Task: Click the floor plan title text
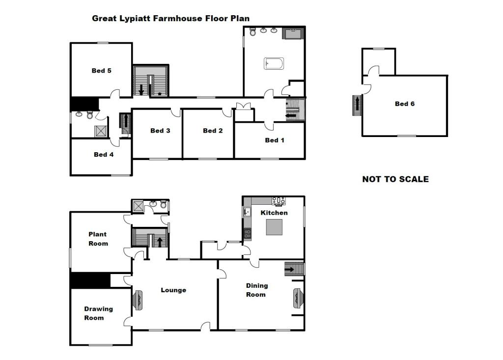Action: pyautogui.click(x=171, y=19)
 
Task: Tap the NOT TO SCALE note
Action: pyautogui.click(x=395, y=179)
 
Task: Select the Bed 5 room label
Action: pyautogui.click(x=101, y=71)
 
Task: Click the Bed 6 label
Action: pyautogui.click(x=405, y=104)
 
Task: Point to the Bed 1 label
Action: pyautogui.click(x=275, y=140)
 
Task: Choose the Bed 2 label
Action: pyautogui.click(x=213, y=131)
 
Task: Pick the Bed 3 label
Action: pyautogui.click(x=160, y=131)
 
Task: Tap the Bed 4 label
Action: pyautogui.click(x=104, y=154)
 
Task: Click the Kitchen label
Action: pyautogui.click(x=274, y=213)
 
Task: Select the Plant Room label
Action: pyautogui.click(x=98, y=239)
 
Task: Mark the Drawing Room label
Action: pyautogui.click(x=98, y=313)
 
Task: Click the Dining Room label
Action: pyautogui.click(x=256, y=290)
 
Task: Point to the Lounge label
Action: pyautogui.click(x=173, y=290)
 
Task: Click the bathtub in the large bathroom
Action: pyautogui.click(x=274, y=63)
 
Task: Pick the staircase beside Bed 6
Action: pyautogui.click(x=357, y=105)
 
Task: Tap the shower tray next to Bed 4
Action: pyautogui.click(x=101, y=131)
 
